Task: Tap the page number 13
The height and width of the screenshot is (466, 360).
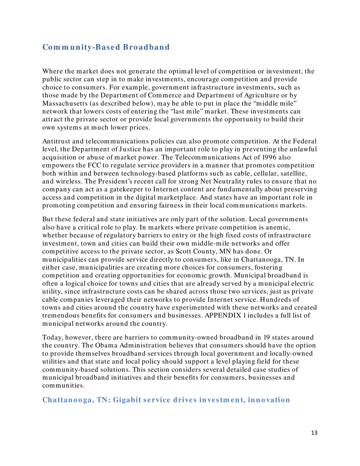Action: tap(309, 441)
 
